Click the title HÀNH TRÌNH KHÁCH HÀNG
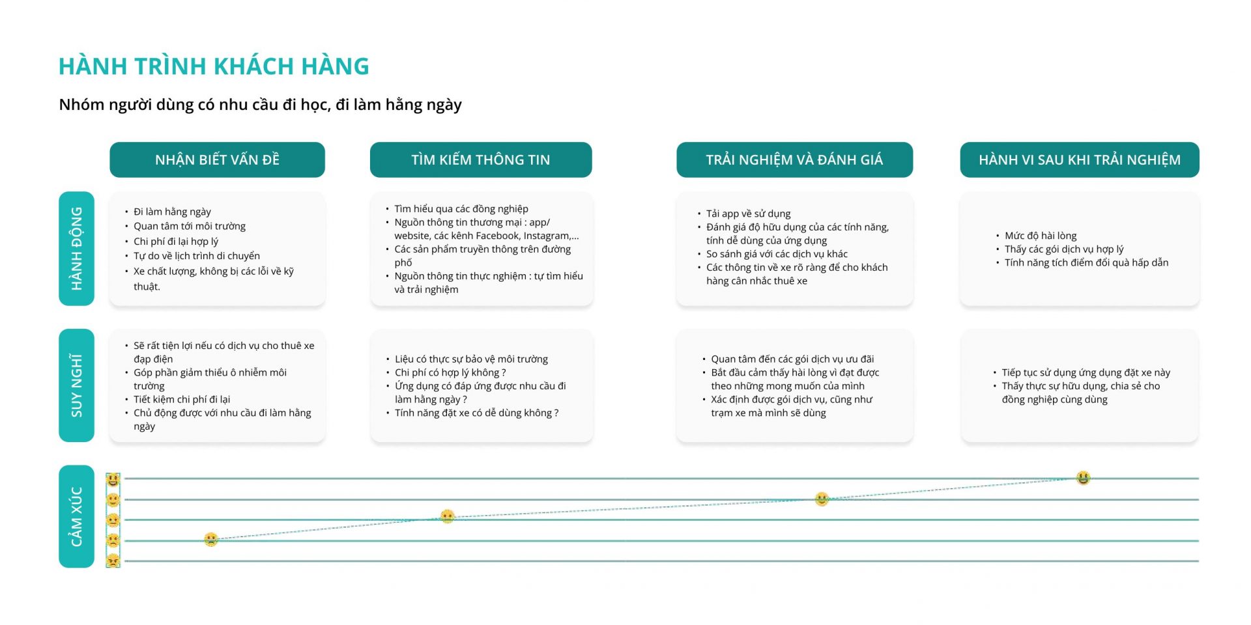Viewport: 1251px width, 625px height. point(214,66)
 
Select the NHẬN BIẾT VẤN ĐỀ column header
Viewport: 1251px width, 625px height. point(217,160)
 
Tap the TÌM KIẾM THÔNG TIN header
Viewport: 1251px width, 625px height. point(481,160)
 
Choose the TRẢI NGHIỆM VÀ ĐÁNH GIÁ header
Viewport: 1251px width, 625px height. point(794,160)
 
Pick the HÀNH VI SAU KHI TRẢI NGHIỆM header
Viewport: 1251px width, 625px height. point(1080,160)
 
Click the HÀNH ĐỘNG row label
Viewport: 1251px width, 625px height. point(76,249)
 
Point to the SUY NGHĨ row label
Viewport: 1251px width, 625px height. point(76,385)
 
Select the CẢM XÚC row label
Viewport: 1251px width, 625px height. point(76,516)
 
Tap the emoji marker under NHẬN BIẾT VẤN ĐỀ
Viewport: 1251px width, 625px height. point(210,539)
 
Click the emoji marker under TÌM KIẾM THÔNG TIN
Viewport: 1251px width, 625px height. point(447,516)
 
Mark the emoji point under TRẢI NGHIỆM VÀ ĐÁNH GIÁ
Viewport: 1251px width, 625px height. point(822,499)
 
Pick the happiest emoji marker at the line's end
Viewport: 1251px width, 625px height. point(1083,478)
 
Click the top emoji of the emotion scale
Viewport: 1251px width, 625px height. point(113,480)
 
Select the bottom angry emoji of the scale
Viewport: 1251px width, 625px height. point(113,561)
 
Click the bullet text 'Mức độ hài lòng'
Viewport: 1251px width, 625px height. point(1041,236)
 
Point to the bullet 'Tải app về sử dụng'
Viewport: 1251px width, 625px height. point(748,214)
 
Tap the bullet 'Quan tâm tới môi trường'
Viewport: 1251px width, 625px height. point(190,226)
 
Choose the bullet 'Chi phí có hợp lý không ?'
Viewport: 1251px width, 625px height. point(450,372)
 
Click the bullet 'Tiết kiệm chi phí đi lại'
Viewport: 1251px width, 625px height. point(182,399)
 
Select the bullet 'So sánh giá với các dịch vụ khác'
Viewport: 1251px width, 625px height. point(777,254)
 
